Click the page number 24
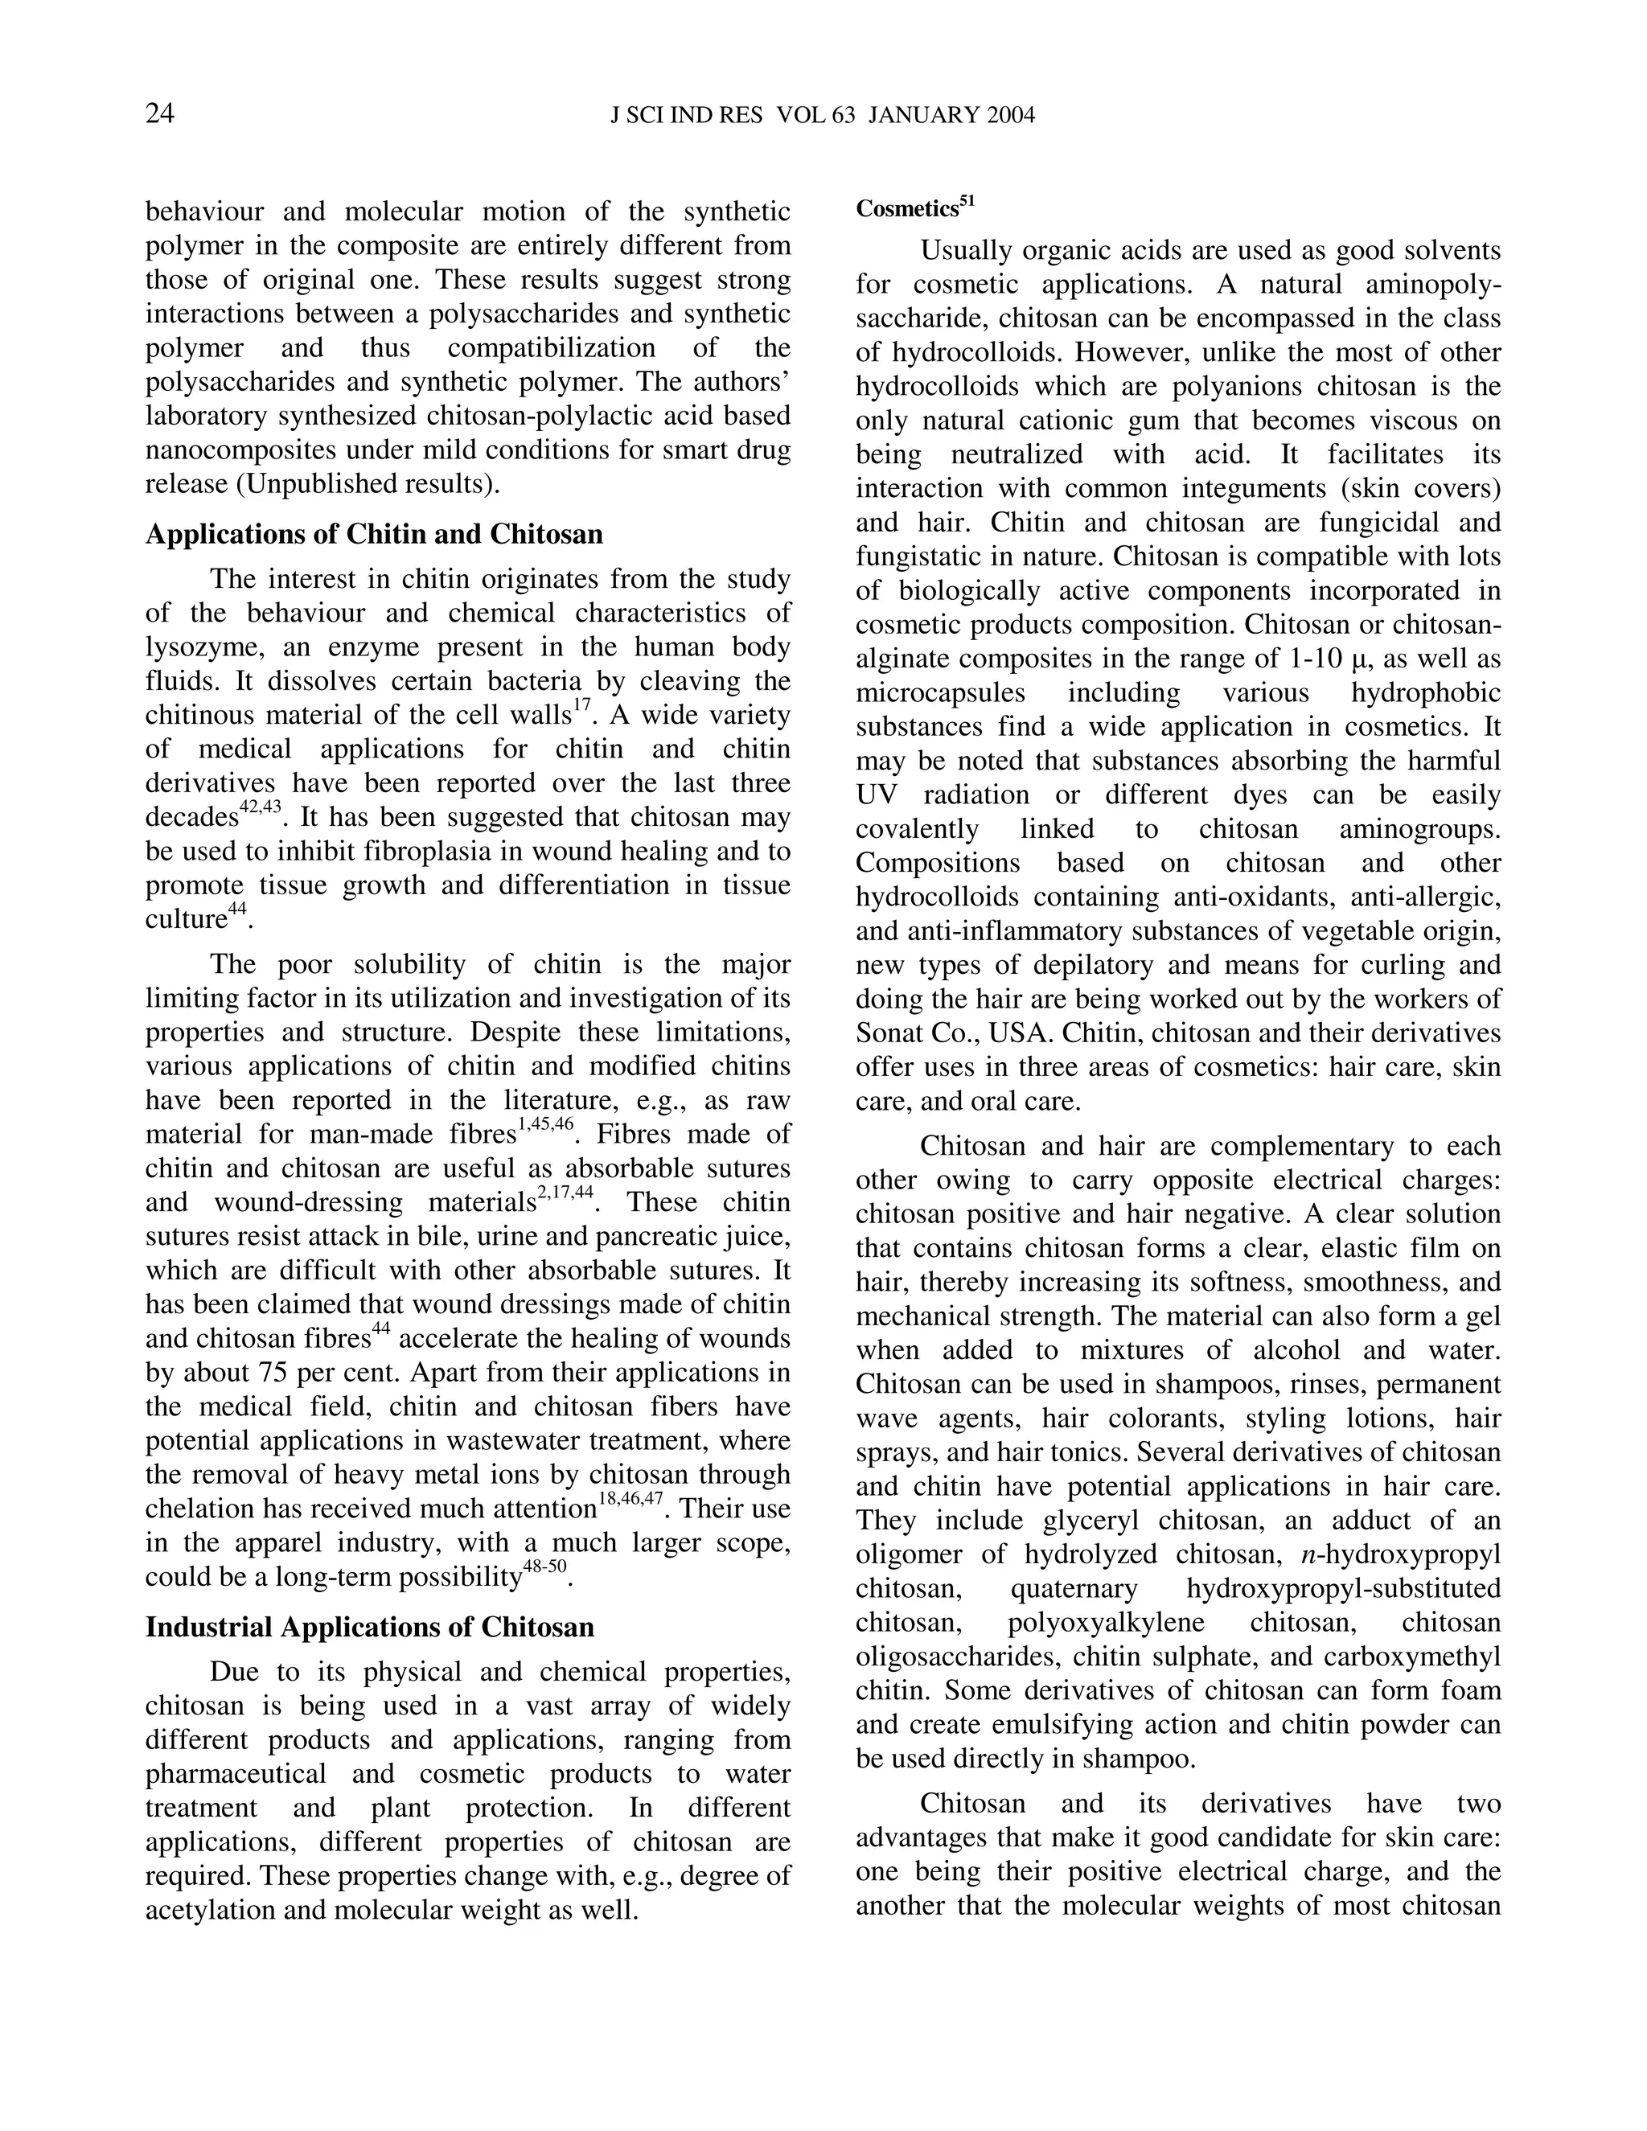coord(160,114)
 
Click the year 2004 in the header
coord(1010,115)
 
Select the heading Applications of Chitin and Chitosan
coord(374,535)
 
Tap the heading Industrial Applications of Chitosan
coord(370,1628)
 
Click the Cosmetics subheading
coord(907,210)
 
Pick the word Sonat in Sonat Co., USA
coord(890,1033)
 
